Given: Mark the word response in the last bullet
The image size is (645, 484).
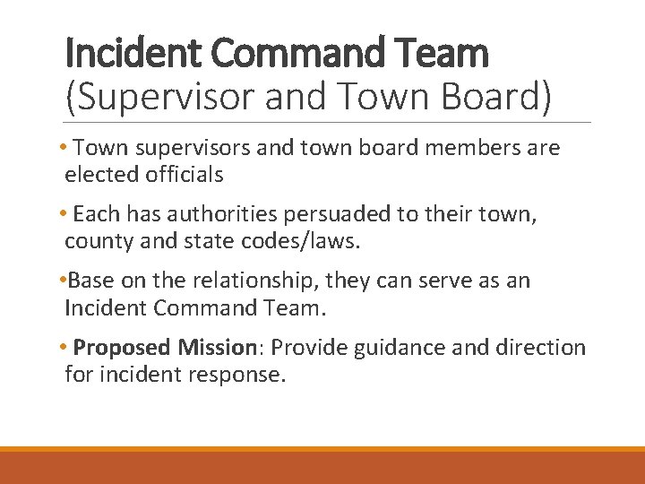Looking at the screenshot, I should coord(237,374).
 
